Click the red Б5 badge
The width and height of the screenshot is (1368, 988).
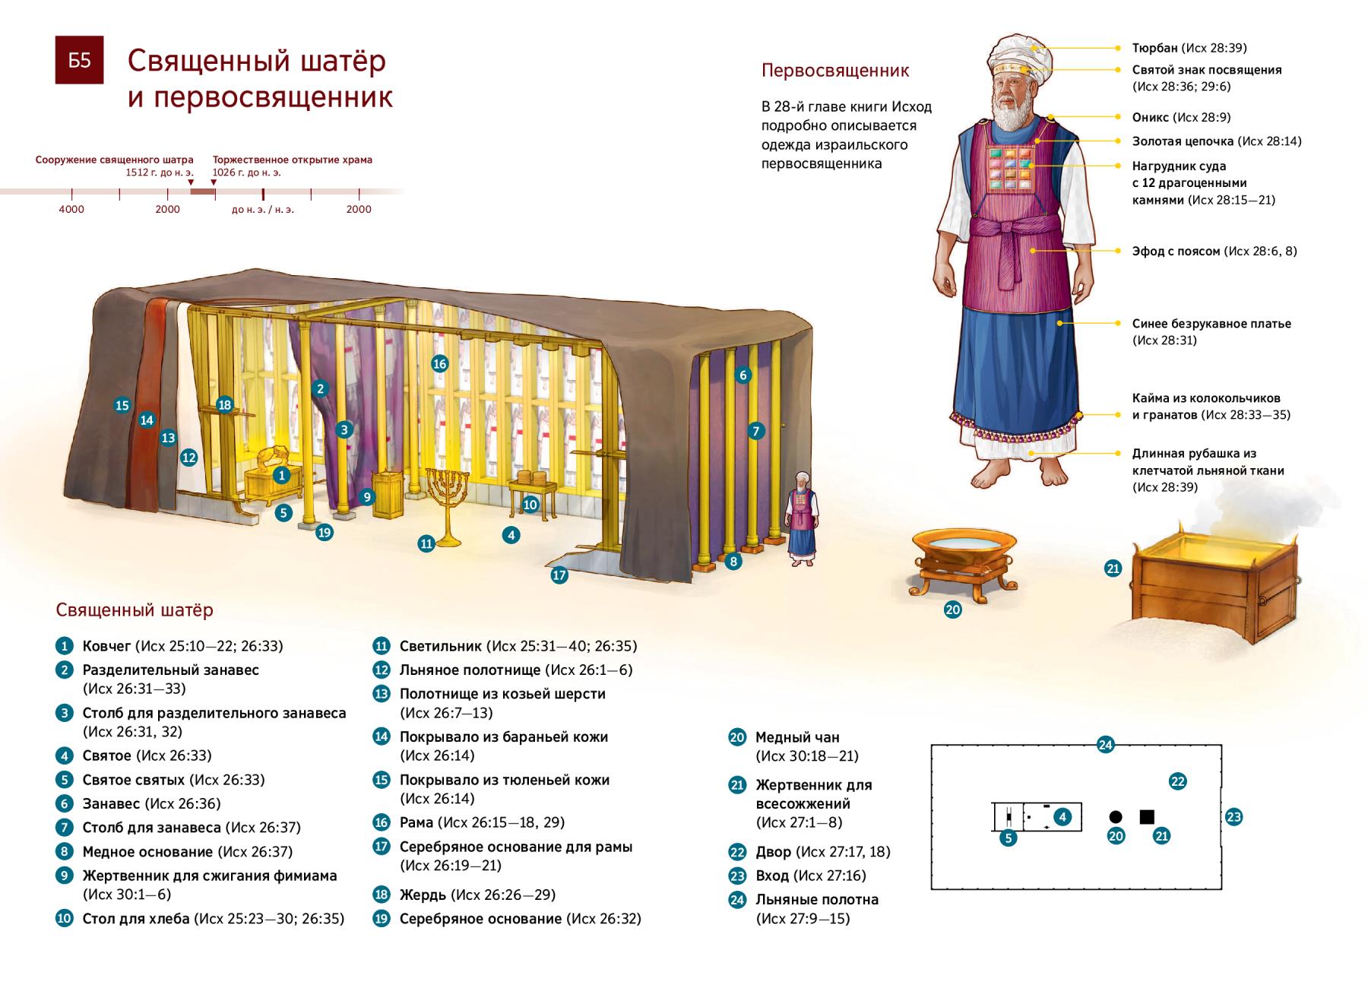(x=79, y=60)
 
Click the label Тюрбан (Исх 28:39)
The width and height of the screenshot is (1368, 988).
(x=1189, y=48)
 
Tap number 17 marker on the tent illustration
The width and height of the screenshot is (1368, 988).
(x=559, y=575)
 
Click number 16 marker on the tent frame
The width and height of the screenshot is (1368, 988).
(x=439, y=363)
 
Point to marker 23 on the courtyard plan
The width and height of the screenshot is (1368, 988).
(x=1233, y=817)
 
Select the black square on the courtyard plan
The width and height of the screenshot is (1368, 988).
(x=1147, y=817)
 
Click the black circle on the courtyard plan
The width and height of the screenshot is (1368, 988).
(x=1116, y=817)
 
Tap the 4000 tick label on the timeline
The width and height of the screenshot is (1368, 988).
(x=71, y=209)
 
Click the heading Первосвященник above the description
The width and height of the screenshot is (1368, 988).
(x=835, y=71)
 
